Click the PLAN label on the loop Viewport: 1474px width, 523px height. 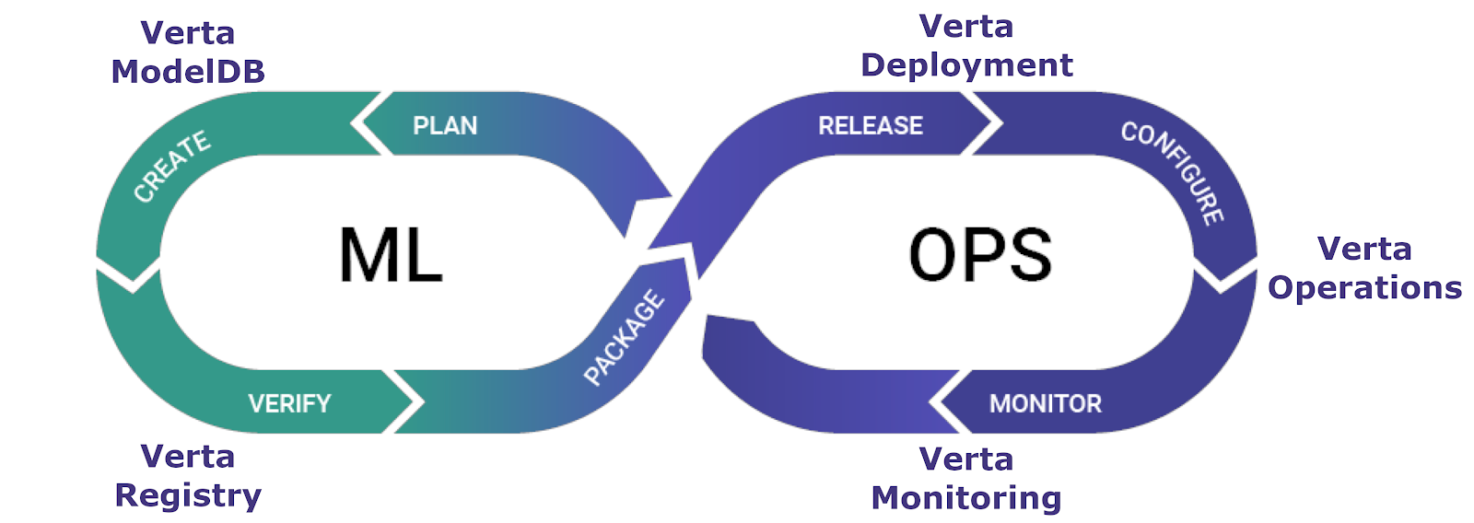tap(445, 125)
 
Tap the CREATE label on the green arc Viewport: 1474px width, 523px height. tap(172, 166)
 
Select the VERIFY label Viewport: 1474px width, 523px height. tap(289, 403)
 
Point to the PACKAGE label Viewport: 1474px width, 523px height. tap(624, 337)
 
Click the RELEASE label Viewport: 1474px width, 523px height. tap(871, 125)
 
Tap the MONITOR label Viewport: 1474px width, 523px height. tap(1046, 403)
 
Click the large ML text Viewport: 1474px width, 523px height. tap(392, 255)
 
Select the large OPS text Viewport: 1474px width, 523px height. tap(980, 255)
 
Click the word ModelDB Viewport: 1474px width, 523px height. tap(188, 72)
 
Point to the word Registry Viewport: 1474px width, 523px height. tap(188, 495)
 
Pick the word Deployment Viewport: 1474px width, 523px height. tap(966, 65)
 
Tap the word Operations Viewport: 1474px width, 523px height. tap(1364, 288)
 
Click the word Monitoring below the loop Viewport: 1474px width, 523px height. tap(966, 498)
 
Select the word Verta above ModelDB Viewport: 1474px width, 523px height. tap(188, 33)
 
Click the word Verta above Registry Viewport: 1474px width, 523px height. tap(188, 457)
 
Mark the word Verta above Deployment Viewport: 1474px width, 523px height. tap(966, 27)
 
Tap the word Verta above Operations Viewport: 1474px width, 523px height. tap(1364, 250)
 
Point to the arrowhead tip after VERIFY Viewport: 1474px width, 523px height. tap(421, 402)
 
